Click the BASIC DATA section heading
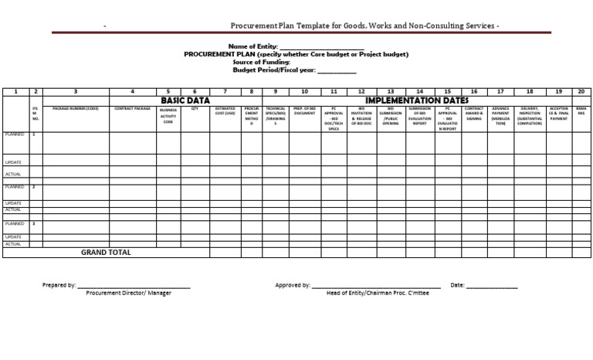pos(185,100)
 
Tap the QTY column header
pos(195,109)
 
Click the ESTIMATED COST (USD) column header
pos(225,111)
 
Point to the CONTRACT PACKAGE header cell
pos(133,109)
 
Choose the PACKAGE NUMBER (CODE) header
pos(76,109)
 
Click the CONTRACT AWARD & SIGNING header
pos(474,114)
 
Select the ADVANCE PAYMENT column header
pos(500,116)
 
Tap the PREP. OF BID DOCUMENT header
pos(305,111)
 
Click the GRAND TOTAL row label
pos(106,253)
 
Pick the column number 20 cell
pos(581,91)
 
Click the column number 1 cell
pos(15,91)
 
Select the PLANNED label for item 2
pos(14,187)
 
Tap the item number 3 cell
pos(33,223)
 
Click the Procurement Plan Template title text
pos(364,25)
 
